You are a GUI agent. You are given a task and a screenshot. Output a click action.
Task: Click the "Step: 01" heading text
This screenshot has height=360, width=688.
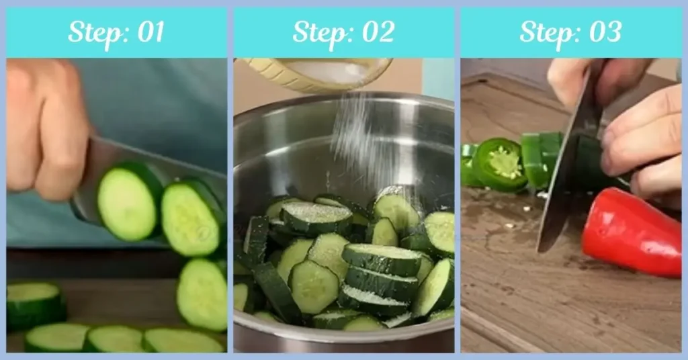click(x=116, y=32)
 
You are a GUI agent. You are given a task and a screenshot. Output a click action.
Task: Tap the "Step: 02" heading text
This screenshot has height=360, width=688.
click(x=343, y=32)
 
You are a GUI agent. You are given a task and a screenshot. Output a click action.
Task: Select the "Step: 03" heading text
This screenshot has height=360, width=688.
click(x=570, y=32)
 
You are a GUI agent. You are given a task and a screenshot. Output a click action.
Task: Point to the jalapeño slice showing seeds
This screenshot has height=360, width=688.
click(x=500, y=163)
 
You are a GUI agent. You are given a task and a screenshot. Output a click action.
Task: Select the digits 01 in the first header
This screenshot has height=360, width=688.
click(x=149, y=32)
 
